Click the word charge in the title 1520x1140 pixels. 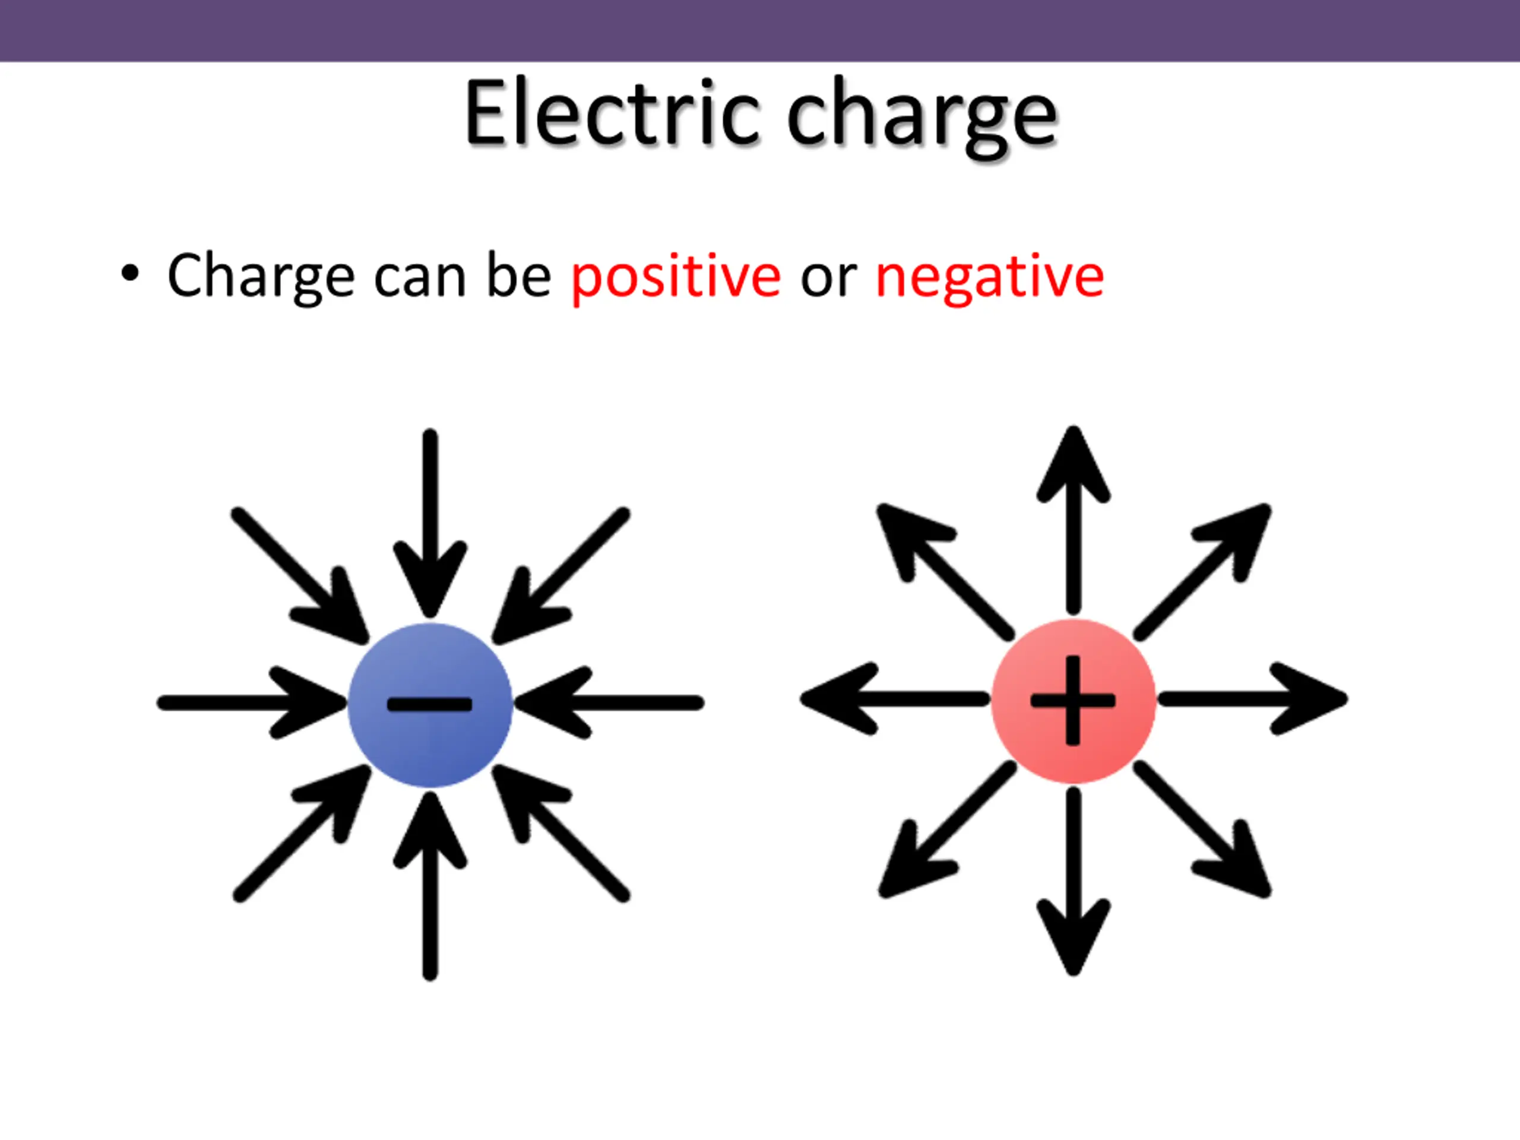[x=921, y=115]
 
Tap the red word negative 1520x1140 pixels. [x=990, y=277]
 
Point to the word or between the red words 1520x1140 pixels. [x=828, y=278]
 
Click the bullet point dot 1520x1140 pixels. [x=129, y=274]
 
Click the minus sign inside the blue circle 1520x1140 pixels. [x=430, y=704]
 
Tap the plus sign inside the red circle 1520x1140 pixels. [x=1073, y=700]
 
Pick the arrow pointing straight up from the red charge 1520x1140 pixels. [x=1073, y=522]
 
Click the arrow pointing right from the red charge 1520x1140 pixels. [x=1250, y=699]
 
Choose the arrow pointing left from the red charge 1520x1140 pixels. [x=894, y=699]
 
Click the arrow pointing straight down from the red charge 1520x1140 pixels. [x=1073, y=879]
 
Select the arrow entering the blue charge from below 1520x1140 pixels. [x=430, y=886]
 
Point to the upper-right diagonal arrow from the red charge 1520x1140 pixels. [x=1202, y=571]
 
